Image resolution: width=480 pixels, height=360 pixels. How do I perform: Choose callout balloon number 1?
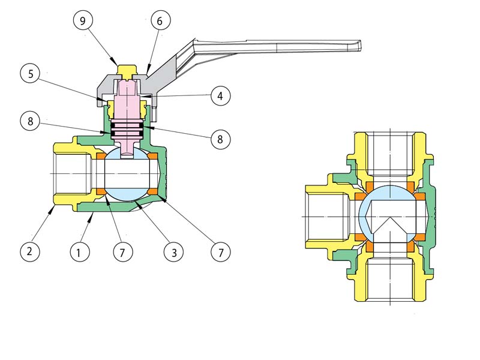click(79, 252)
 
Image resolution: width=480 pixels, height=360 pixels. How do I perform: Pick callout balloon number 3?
click(174, 252)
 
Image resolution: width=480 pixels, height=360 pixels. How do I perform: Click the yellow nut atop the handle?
click(127, 71)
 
